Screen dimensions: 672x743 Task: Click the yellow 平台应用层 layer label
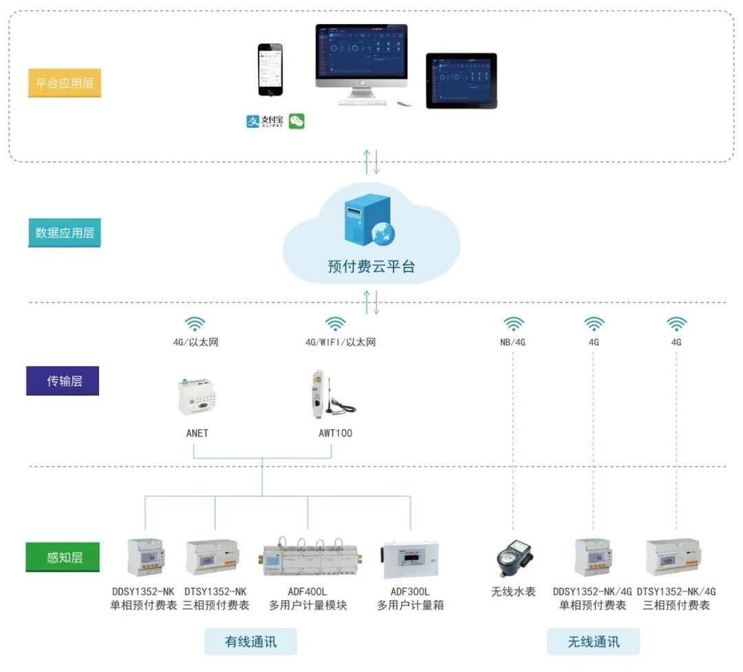coord(65,83)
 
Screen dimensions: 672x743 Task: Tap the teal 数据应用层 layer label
coord(65,232)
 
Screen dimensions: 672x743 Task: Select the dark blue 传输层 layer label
coord(63,380)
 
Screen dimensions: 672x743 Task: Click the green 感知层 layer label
coord(63,557)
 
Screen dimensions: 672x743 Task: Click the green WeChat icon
coord(297,122)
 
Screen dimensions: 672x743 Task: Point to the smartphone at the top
coord(270,70)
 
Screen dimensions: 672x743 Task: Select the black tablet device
coord(461,80)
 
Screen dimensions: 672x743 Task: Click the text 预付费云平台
coord(371,267)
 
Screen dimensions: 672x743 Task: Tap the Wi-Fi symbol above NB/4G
coord(514,323)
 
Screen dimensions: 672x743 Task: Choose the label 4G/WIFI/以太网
coord(341,342)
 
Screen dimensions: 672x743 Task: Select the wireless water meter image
coord(514,558)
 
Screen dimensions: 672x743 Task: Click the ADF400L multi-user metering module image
coord(308,557)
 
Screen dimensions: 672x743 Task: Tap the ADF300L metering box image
coord(411,558)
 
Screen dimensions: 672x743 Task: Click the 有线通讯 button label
coord(250,641)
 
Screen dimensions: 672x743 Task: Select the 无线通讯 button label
coord(593,641)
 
